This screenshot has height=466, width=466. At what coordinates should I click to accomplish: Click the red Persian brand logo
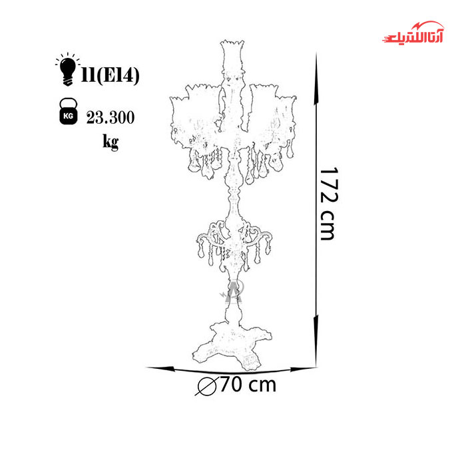(x=413, y=33)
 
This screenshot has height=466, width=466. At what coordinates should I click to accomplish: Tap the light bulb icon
(x=67, y=70)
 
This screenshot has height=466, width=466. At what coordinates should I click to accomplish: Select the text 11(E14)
(x=111, y=75)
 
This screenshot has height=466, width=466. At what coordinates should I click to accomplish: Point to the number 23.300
(x=111, y=117)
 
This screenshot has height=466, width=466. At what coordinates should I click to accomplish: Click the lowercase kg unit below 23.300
(x=111, y=142)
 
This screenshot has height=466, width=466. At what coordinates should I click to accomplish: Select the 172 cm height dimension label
(x=329, y=204)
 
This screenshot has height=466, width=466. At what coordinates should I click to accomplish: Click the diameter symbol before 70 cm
(x=207, y=386)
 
